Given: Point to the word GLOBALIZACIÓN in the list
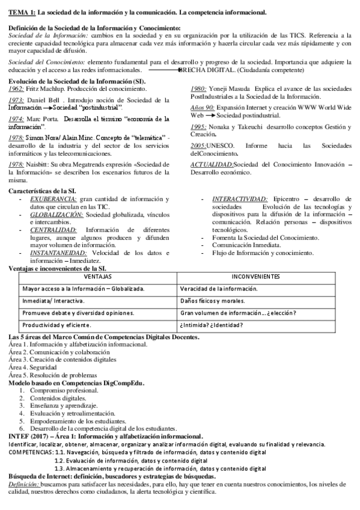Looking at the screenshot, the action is [56, 214].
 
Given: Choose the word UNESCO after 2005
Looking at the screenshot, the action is [222, 146].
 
